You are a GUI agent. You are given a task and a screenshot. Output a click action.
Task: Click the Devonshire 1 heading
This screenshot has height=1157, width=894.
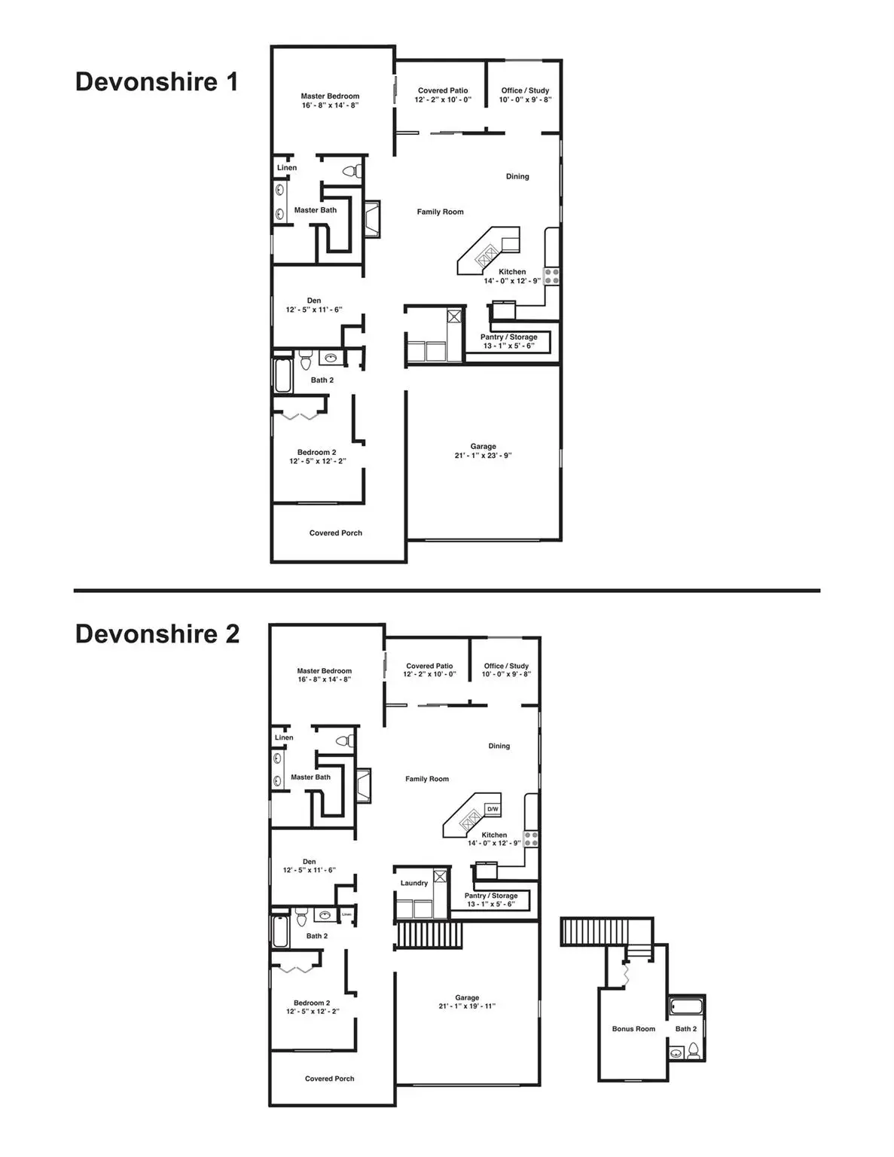point(157,81)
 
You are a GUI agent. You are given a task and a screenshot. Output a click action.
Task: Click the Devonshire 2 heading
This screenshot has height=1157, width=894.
point(157,633)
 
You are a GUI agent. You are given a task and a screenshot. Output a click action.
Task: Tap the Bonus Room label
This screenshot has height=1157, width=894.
point(633,1029)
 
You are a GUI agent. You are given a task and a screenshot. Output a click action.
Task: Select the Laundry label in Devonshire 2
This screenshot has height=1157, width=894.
point(414,883)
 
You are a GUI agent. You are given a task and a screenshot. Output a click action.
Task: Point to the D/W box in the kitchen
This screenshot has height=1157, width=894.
point(493,809)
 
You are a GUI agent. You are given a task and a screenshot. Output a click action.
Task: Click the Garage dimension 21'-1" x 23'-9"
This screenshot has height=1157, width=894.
point(484,455)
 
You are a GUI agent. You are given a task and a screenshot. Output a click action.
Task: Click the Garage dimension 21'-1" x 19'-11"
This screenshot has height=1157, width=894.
point(467,1006)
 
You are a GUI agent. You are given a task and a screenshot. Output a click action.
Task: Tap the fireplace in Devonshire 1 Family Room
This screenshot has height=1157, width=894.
point(372,218)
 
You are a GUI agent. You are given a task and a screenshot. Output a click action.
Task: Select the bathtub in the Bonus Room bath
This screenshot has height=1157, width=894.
point(685,1006)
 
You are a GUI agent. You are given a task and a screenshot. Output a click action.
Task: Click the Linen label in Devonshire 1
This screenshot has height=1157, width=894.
point(287,168)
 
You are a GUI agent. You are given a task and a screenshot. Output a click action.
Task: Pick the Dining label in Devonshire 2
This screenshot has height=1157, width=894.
point(499,746)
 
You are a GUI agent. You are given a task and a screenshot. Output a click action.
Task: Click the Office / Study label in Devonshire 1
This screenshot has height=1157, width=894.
point(525,90)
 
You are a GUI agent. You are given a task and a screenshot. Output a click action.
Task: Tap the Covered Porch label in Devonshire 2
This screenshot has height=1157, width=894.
point(329,1079)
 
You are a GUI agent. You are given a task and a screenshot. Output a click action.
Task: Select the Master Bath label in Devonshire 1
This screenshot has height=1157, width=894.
point(316,210)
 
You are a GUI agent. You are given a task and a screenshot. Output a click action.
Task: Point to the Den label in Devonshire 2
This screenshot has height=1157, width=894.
point(310,862)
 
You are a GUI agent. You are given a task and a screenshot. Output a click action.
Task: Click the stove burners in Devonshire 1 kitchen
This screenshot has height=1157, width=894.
point(552,276)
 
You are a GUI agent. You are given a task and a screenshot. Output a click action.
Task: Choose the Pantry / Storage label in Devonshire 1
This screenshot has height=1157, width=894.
point(509,337)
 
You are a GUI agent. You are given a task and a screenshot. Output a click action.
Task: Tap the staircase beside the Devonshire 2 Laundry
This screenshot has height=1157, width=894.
point(423,936)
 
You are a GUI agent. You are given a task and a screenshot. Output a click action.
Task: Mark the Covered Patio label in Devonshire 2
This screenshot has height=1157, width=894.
point(430,666)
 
